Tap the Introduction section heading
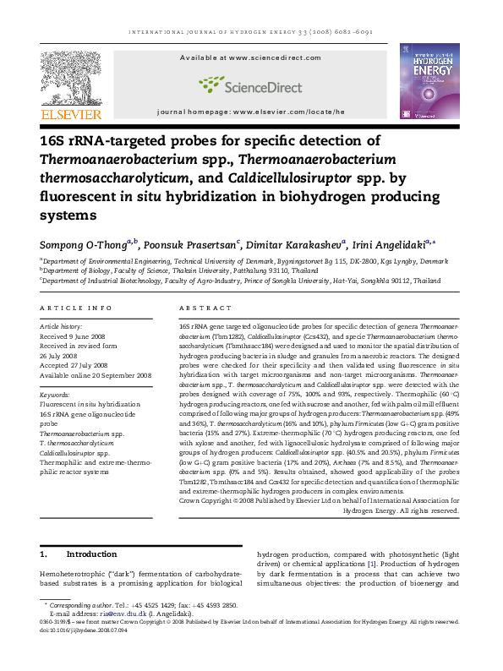tap(91, 554)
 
